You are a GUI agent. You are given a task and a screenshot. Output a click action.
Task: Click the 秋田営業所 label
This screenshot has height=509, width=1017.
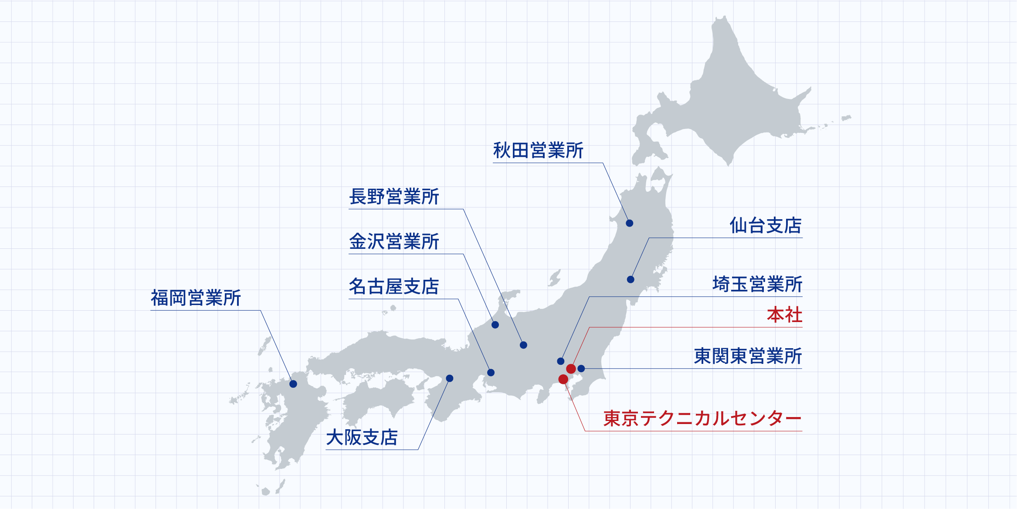tap(538, 151)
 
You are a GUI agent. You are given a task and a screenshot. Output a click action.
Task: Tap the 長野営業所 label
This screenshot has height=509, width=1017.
tap(394, 197)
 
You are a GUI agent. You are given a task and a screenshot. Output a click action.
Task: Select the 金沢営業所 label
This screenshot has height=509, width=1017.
tap(394, 242)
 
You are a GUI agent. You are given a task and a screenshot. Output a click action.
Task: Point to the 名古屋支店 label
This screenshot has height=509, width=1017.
tap(394, 287)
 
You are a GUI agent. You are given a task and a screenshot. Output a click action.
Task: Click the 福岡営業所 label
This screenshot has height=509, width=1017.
tap(196, 299)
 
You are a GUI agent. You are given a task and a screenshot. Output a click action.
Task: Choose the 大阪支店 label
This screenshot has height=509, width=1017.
tap(362, 438)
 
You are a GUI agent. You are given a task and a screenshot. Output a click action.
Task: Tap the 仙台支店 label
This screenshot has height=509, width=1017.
tap(766, 226)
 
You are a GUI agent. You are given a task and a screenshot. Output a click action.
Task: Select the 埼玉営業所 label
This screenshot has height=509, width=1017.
tap(757, 285)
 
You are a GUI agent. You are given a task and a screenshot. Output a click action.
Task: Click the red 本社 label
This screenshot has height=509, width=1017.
tap(784, 315)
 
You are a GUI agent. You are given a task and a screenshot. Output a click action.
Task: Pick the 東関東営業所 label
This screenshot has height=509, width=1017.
tap(748, 356)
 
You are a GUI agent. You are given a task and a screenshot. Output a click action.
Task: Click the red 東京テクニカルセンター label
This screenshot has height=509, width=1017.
tap(702, 419)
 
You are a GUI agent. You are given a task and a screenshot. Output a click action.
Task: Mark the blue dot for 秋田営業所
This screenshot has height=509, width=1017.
tap(630, 223)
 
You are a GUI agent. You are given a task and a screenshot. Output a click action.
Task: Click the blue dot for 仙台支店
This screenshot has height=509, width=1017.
tap(631, 279)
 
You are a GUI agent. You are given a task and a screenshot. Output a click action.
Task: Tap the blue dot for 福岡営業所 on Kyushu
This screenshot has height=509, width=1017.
tap(293, 384)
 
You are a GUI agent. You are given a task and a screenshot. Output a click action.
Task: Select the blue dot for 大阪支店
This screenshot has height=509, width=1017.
tap(450, 378)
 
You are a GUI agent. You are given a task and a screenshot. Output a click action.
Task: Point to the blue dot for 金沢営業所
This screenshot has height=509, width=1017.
tap(495, 325)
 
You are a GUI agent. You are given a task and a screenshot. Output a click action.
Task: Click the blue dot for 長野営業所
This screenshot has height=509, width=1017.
tap(524, 345)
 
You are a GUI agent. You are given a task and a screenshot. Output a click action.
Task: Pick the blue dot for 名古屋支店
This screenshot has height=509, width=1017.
tap(491, 373)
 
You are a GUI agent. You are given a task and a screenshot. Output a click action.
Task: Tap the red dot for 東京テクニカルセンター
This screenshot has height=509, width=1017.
tap(563, 379)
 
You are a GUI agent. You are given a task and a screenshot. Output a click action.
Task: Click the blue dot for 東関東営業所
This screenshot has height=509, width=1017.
tap(581, 369)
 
